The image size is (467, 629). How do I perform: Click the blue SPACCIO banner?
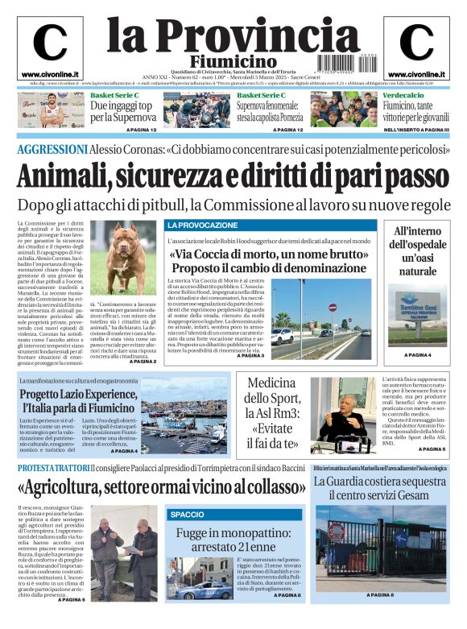coord(188,514)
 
